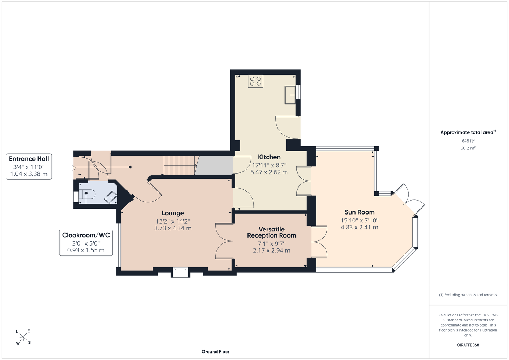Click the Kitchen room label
pos(269,157)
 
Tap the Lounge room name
pos(173,213)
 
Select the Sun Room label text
pos(359,212)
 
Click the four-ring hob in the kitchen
pos(255,81)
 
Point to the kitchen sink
pos(290,95)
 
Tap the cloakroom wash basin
pos(111,197)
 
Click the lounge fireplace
pos(180,272)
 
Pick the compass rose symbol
pos(23,337)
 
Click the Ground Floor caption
pos(215,352)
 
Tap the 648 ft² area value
pos(468,141)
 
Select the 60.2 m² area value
pos(468,148)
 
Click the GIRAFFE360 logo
pos(468,345)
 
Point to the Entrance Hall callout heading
pos(29,159)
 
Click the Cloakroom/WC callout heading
pos(86,235)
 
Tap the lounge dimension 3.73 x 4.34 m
pos(173,228)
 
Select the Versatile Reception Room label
pos(272,232)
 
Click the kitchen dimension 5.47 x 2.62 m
pos(269,172)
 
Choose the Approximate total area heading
pos(468,132)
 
